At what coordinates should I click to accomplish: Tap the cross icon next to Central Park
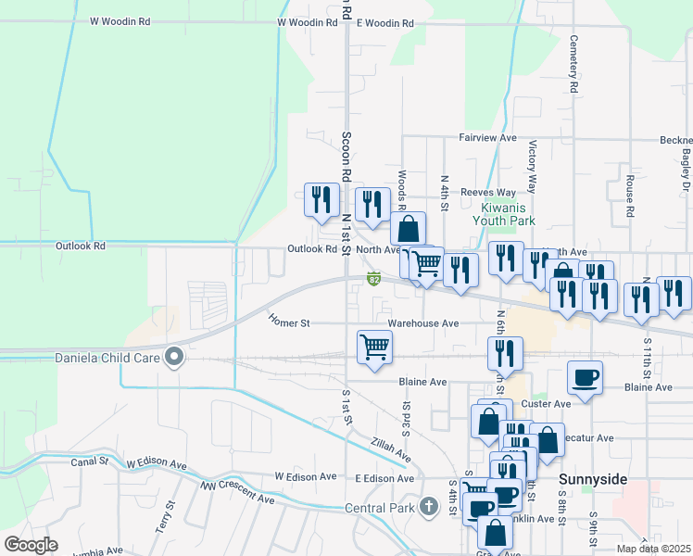[427, 507]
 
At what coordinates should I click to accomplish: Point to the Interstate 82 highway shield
[374, 278]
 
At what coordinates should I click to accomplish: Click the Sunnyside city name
[593, 478]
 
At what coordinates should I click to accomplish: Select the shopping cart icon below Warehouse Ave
[374, 347]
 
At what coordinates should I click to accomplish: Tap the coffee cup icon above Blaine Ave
[585, 377]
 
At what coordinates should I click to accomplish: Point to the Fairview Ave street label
[487, 137]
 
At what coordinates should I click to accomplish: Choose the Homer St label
[287, 322]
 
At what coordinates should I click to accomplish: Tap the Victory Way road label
[533, 166]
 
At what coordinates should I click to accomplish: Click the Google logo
[31, 545]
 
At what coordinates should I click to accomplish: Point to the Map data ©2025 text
[654, 549]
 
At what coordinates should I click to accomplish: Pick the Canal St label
[91, 461]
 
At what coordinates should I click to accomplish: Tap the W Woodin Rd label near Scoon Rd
[307, 22]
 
